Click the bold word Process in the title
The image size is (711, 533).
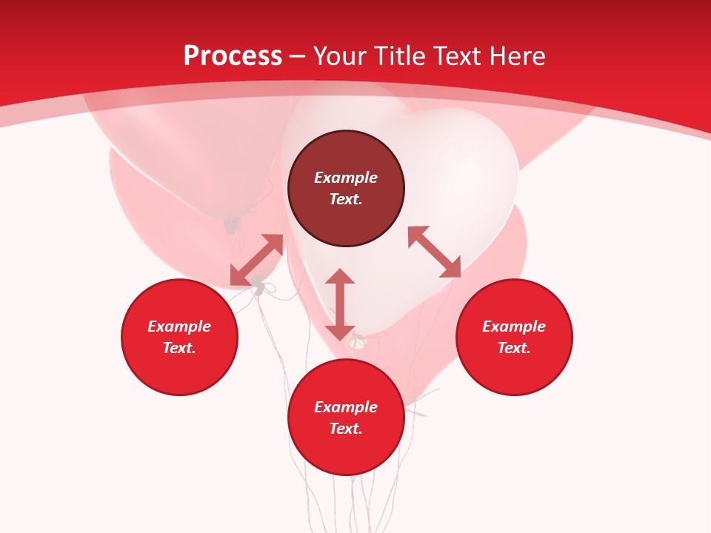coord(233,56)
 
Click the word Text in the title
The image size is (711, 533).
coord(459,56)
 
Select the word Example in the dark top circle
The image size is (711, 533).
coord(346,178)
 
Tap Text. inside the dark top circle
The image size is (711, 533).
coord(346,199)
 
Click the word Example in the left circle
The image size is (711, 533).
coord(179,326)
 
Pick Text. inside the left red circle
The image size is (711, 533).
coord(179,348)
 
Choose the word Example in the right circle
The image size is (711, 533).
coord(514,326)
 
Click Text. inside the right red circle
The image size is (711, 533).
coord(514,348)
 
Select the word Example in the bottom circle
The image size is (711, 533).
coord(346,407)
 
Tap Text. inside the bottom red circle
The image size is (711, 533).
coord(346,429)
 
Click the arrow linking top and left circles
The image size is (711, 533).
coord(256,260)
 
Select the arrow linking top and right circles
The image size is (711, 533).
coord(434,252)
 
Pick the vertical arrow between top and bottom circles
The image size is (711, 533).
coord(340,304)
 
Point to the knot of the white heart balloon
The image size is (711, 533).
coord(358,341)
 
